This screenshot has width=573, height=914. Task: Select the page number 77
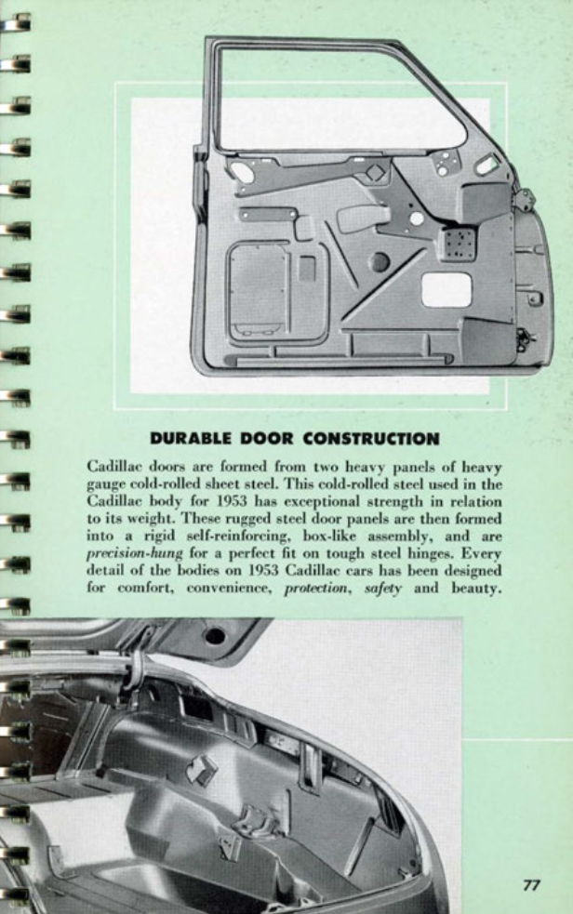(x=530, y=885)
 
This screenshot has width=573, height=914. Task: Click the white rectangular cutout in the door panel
(x=446, y=289)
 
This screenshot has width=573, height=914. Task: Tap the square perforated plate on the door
(x=458, y=244)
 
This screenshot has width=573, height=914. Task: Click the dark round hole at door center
(x=380, y=262)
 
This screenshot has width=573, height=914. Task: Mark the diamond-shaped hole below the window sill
(x=375, y=172)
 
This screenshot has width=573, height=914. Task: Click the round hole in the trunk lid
(x=215, y=636)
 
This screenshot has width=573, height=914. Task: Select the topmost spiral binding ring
(x=16, y=21)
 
